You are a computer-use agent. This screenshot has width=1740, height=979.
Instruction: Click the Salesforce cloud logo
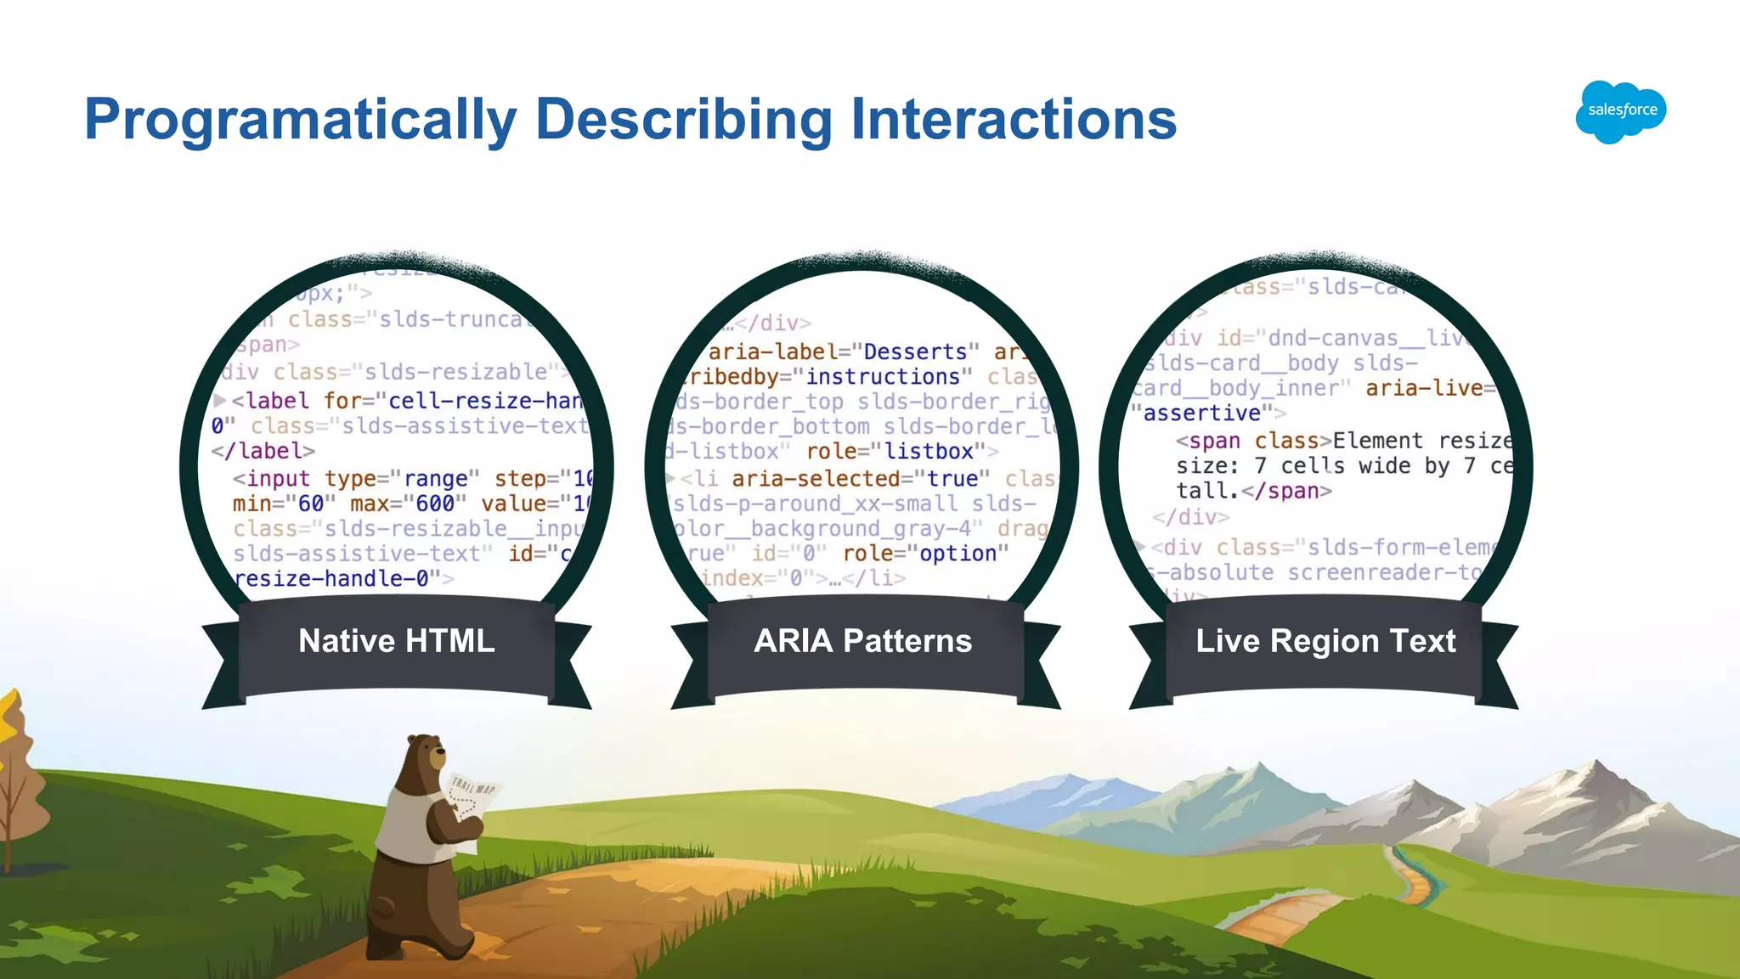coord(1620,111)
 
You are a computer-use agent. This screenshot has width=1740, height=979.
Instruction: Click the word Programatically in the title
coord(300,120)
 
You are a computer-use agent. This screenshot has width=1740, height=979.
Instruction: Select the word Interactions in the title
coord(1013,118)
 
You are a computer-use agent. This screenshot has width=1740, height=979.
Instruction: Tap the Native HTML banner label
coord(396,641)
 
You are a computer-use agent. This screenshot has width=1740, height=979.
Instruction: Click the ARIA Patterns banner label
coord(862,641)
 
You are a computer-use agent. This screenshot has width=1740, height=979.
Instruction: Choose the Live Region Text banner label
coord(1325,641)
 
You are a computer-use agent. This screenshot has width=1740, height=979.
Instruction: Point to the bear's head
coord(425,756)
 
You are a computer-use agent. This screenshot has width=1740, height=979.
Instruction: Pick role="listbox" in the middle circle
coord(895,452)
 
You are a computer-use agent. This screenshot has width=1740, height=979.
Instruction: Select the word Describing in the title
coord(684,120)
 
